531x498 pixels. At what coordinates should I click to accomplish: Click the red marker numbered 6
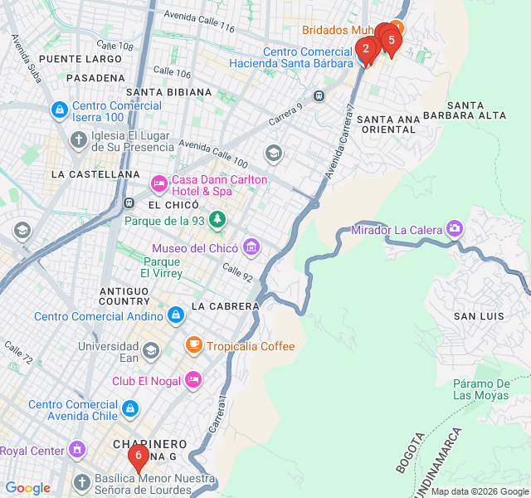click(x=138, y=456)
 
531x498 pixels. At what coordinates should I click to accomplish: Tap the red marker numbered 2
click(x=365, y=49)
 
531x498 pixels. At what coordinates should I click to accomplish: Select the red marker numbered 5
click(x=391, y=39)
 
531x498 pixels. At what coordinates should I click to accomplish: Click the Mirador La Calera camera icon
click(x=454, y=228)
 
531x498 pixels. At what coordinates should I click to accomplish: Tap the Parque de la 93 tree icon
click(x=217, y=219)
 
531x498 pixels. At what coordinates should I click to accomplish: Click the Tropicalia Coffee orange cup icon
click(x=193, y=344)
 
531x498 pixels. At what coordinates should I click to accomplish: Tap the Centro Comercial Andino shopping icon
click(x=175, y=315)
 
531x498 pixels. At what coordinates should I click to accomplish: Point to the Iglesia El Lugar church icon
click(x=78, y=138)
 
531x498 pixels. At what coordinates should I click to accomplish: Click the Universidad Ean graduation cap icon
click(x=150, y=351)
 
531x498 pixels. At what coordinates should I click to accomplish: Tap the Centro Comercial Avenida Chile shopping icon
click(x=129, y=408)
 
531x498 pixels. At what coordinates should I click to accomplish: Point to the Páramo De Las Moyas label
click(x=481, y=388)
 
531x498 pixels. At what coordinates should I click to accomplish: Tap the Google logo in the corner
click(x=27, y=488)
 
